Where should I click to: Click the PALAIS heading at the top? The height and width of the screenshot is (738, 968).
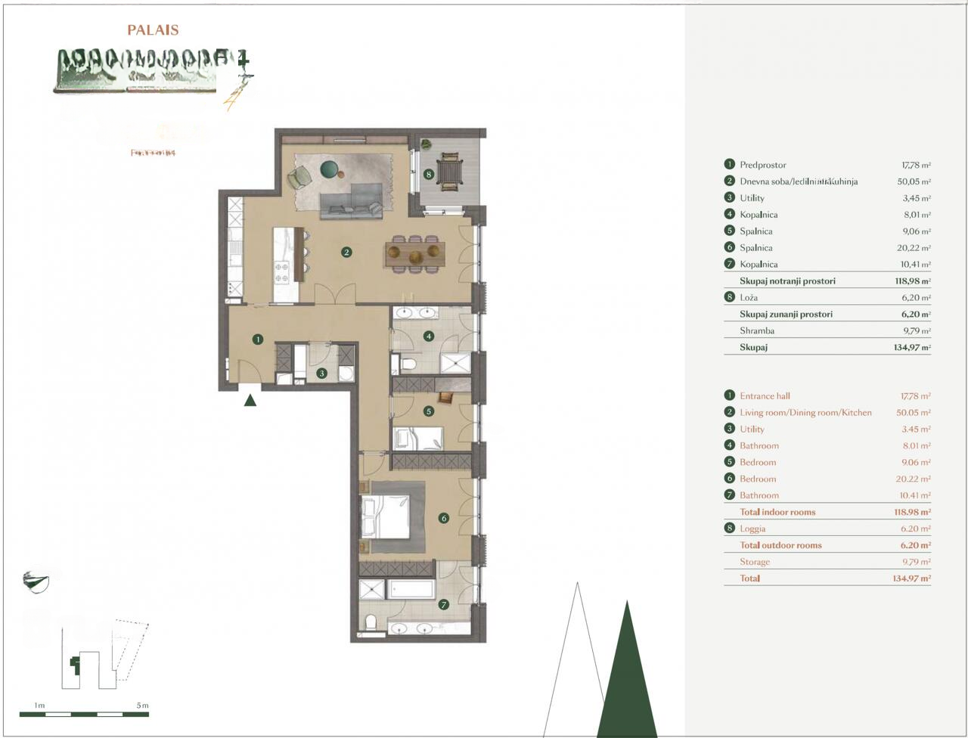pyautogui.click(x=153, y=30)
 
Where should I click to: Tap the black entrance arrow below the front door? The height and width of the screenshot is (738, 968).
pyautogui.click(x=250, y=400)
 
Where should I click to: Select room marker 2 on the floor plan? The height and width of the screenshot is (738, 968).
pyautogui.click(x=346, y=252)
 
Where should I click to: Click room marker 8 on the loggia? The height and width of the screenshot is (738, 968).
pyautogui.click(x=429, y=175)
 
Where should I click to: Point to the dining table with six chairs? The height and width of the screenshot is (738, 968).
pyautogui.click(x=414, y=254)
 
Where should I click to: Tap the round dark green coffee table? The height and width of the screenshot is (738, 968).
pyautogui.click(x=330, y=170)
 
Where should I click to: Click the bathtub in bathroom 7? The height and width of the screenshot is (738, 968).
pyautogui.click(x=411, y=589)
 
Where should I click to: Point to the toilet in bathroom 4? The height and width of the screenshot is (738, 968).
pyautogui.click(x=409, y=364)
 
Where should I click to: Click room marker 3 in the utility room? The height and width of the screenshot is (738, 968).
pyautogui.click(x=321, y=373)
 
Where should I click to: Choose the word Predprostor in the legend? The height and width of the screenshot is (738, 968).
pyautogui.click(x=762, y=165)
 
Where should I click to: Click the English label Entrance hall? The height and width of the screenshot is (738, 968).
pyautogui.click(x=765, y=396)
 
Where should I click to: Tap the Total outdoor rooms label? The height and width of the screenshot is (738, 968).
pyautogui.click(x=780, y=545)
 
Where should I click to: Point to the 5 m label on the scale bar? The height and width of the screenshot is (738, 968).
pyautogui.click(x=142, y=705)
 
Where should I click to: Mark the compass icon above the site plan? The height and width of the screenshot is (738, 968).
pyautogui.click(x=36, y=581)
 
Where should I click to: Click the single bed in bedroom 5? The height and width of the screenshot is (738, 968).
pyautogui.click(x=417, y=438)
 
